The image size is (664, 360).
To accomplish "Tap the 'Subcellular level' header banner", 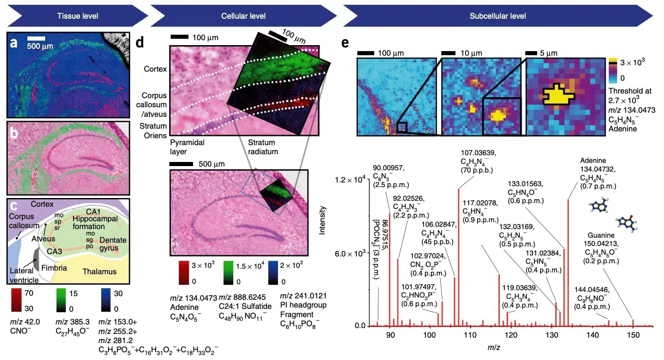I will [497, 16].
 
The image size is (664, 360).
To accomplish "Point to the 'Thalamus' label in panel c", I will [99, 272].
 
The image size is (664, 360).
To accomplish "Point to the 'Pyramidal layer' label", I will [187, 146].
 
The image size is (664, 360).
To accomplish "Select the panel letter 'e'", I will [345, 43].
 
